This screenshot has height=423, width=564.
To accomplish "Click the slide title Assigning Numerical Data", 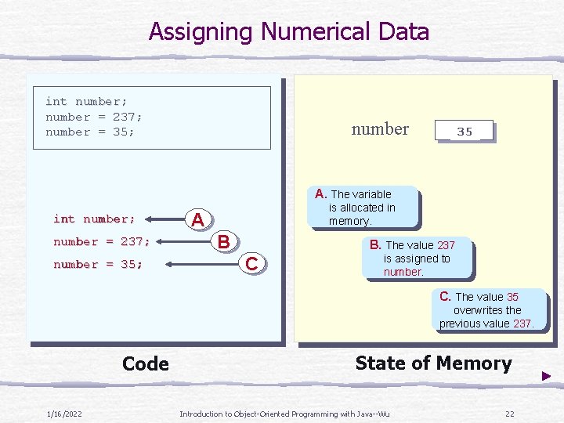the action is (289, 32).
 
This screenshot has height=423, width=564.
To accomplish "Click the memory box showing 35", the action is (464, 131).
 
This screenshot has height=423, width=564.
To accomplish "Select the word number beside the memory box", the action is (380, 129).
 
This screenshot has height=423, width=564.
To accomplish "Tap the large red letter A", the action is (198, 220).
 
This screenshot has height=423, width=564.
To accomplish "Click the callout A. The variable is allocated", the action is (363, 208).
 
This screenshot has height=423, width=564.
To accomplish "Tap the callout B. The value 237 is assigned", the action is (417, 258).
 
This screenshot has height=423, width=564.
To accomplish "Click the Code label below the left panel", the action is (146, 363).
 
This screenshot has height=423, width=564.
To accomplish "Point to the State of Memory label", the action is (433, 363).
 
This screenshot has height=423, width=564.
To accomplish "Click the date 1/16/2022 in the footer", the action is (65, 414).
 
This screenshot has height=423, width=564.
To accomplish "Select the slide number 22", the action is (509, 414).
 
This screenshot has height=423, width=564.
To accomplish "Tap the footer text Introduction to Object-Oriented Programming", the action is (284, 414).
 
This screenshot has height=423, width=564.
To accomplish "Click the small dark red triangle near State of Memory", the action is (546, 377).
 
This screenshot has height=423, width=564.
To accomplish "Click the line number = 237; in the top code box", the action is (94, 117).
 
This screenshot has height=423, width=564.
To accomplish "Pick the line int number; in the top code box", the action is (86, 101).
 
